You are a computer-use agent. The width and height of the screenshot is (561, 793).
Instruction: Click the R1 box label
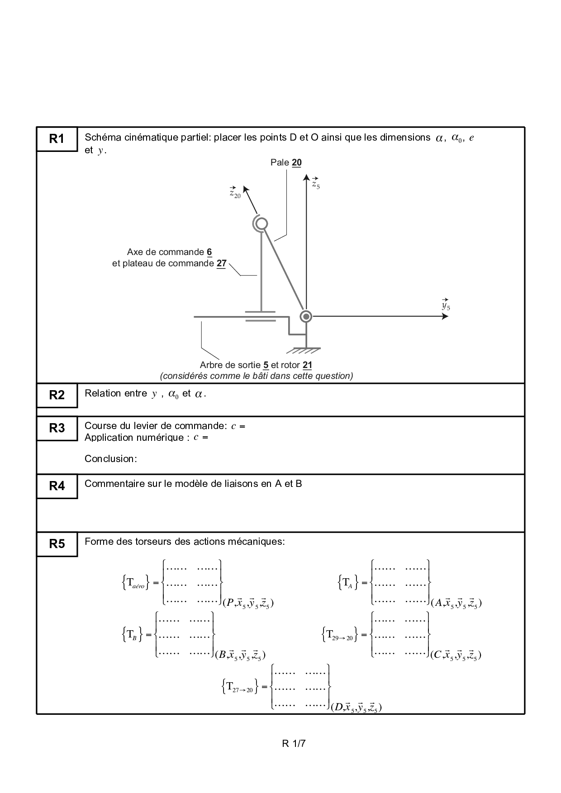click(57, 139)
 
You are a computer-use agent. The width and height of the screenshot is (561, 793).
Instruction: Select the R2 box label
click(57, 395)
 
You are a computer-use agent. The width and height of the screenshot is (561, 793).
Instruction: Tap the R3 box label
click(57, 428)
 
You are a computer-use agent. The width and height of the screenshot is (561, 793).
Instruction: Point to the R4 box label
click(57, 486)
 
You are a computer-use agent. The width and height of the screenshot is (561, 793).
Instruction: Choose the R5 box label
click(57, 544)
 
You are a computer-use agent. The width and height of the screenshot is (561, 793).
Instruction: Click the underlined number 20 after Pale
click(297, 163)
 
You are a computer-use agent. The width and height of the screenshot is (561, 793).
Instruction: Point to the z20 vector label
click(235, 193)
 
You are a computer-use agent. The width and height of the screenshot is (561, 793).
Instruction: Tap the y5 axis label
click(446, 305)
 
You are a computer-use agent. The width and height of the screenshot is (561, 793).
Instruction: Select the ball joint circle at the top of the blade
click(261, 224)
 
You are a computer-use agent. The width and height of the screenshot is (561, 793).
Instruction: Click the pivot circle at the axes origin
click(306, 316)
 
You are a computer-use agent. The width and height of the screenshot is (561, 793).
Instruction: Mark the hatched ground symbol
click(306, 350)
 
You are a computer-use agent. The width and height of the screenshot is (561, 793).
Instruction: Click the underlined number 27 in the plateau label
click(221, 264)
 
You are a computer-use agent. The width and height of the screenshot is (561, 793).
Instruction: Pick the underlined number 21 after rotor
click(307, 365)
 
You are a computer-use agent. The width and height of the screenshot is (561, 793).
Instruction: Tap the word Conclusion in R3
click(110, 459)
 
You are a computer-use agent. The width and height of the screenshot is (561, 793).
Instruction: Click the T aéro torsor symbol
click(134, 582)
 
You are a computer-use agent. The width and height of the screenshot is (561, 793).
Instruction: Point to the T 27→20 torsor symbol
click(240, 687)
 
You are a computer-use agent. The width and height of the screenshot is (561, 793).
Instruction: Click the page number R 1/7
click(294, 743)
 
